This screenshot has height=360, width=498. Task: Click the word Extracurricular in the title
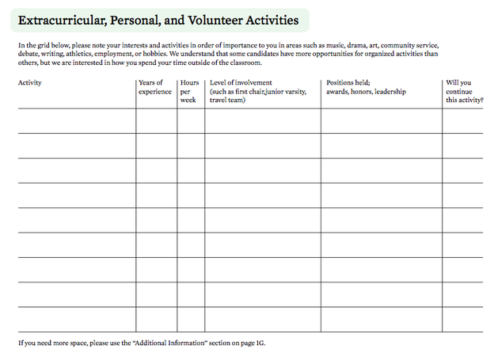(62, 21)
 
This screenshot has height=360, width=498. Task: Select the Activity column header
(30, 82)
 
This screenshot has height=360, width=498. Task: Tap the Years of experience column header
(154, 87)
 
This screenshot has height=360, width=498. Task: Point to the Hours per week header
(189, 91)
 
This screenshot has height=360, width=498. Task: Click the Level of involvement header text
(241, 82)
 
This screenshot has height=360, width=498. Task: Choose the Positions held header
(348, 82)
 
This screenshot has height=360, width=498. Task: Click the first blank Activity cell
(76, 121)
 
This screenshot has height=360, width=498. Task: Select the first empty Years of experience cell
(156, 121)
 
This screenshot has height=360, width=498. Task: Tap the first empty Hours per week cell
(191, 121)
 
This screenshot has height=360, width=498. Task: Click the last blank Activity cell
(76, 319)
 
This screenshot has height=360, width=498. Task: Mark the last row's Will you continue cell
(462, 319)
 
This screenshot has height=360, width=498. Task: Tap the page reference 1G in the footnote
(260, 343)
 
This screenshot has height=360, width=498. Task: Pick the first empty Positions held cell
(381, 121)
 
